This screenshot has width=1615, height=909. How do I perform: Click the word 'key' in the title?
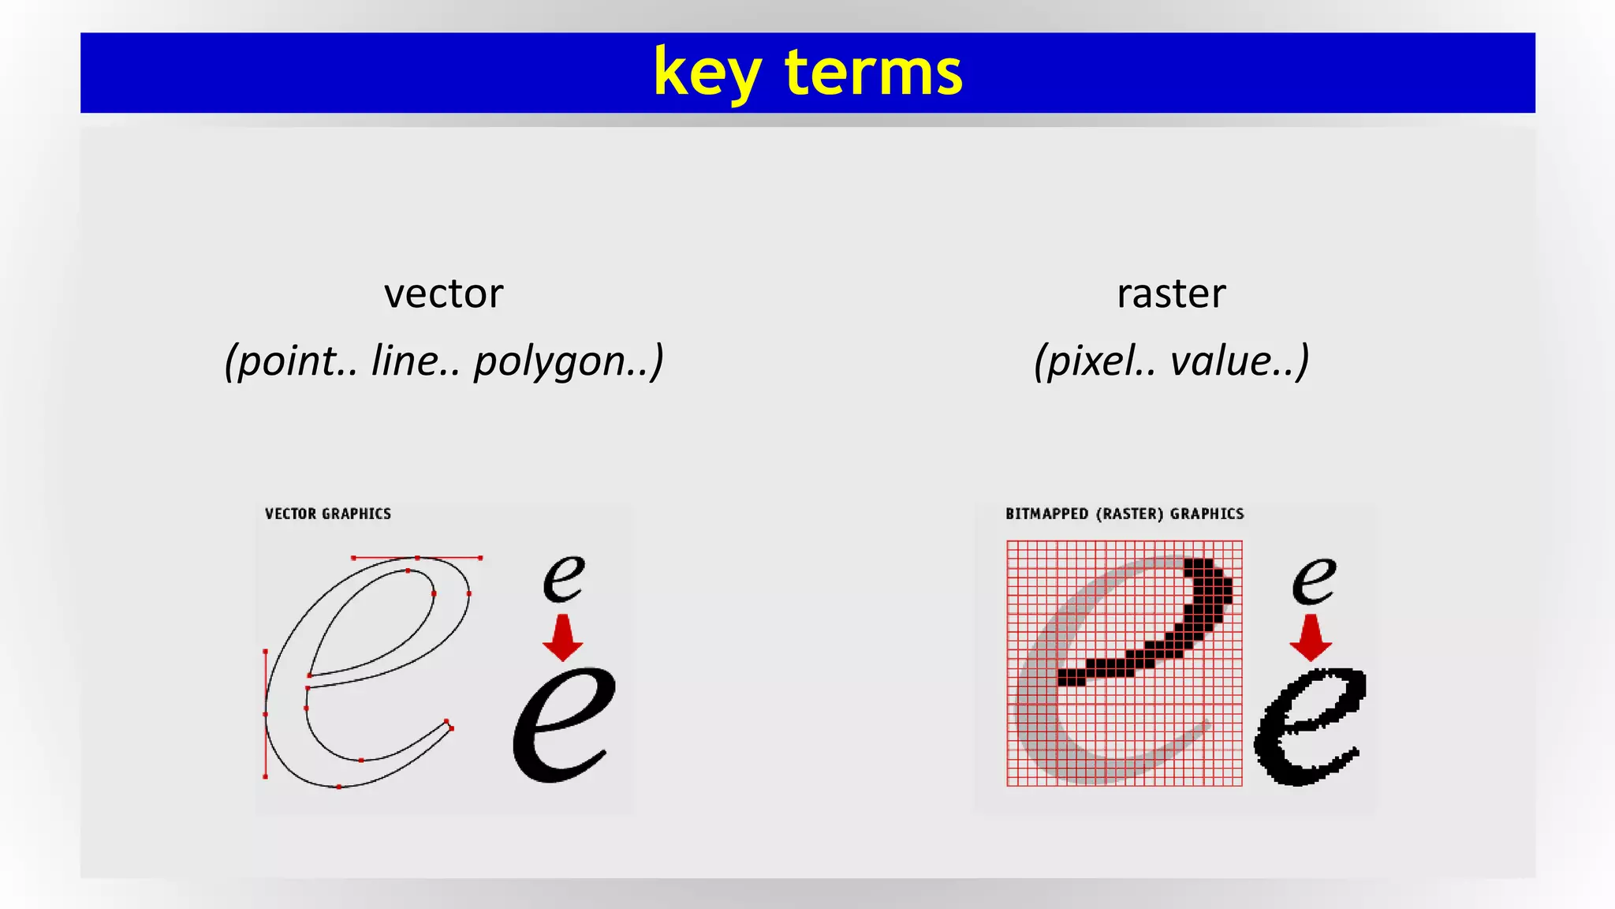(x=707, y=73)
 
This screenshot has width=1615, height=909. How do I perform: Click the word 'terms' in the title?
(x=874, y=73)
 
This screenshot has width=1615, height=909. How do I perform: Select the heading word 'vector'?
(x=443, y=294)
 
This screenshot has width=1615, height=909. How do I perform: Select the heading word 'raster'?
(x=1171, y=294)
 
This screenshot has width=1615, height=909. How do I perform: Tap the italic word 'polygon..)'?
(x=569, y=361)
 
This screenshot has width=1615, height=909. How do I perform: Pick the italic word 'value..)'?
(x=1240, y=361)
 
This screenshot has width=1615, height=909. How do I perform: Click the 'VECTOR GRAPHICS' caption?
(x=328, y=514)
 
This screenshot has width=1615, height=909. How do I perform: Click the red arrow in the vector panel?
(x=562, y=638)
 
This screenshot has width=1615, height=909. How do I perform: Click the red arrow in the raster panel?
(x=1311, y=638)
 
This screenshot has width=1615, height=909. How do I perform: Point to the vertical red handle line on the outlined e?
(x=265, y=714)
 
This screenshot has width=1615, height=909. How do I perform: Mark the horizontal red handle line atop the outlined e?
(x=417, y=558)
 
